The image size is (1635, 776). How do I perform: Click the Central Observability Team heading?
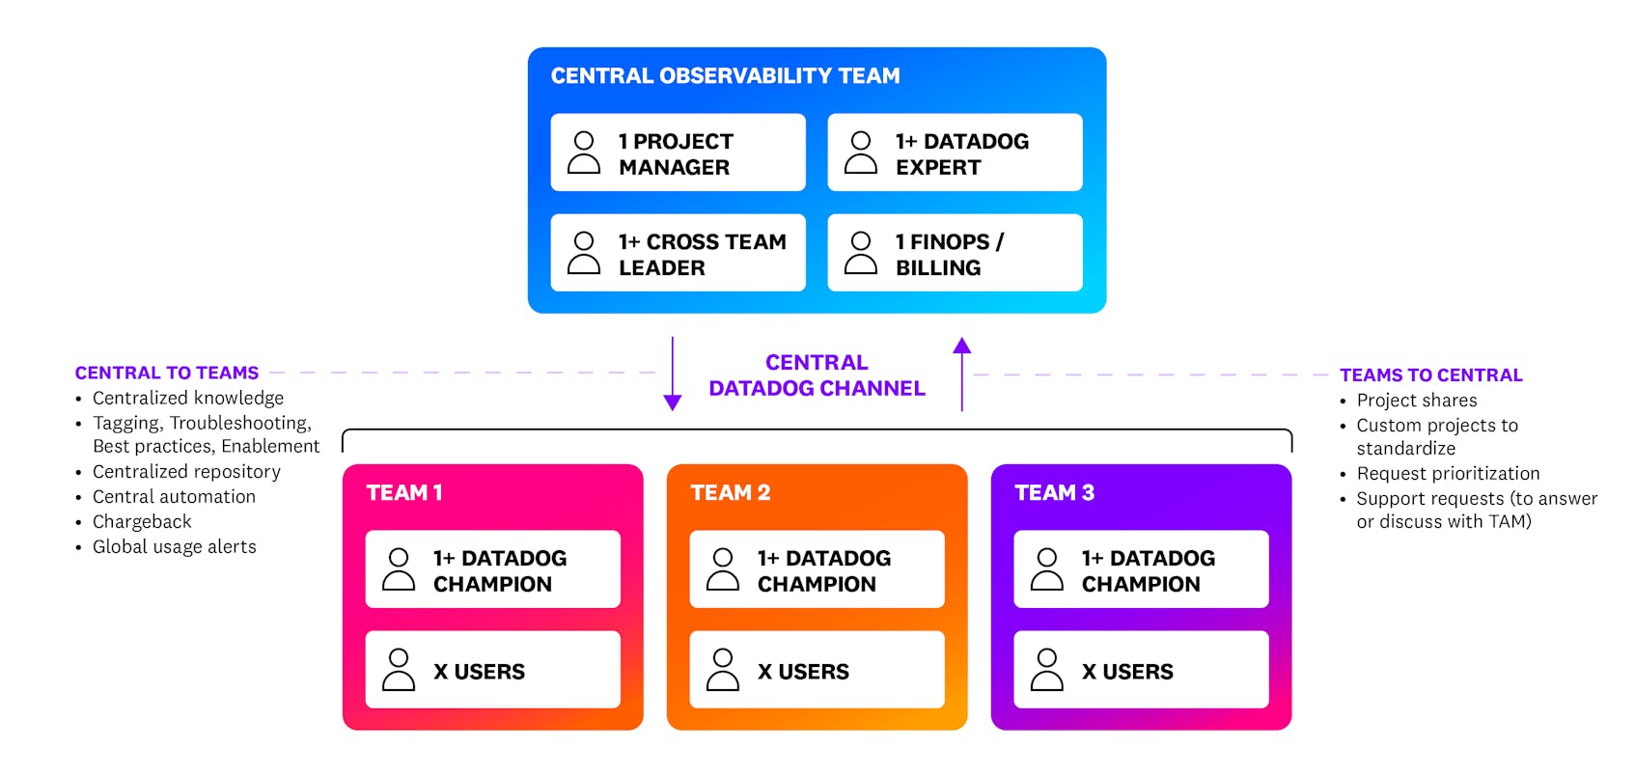point(725,76)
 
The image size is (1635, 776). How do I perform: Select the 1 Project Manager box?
point(678,153)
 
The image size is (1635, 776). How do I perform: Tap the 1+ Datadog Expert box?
point(955,153)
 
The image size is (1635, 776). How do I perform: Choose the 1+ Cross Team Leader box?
point(678,254)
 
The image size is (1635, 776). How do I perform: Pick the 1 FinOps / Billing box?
point(955,254)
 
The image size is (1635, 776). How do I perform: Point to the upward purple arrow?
point(961,374)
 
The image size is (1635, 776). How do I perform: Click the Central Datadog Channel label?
point(817,375)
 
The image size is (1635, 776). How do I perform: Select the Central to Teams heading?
point(167,373)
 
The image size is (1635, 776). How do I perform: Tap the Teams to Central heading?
point(1430,375)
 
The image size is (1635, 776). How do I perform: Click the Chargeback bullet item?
point(142,522)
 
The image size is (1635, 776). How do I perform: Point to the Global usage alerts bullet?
point(174,547)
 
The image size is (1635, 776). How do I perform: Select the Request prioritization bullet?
point(1448,474)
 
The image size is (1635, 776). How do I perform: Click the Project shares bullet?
point(1416,401)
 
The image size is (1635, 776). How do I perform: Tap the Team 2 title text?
point(730,493)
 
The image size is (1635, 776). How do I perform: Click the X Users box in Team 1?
point(492,671)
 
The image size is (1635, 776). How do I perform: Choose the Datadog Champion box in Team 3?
point(1141,570)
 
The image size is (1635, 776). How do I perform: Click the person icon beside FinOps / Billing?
point(860,254)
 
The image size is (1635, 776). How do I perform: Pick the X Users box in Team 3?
point(1141,671)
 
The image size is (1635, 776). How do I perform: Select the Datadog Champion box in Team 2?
point(817,570)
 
